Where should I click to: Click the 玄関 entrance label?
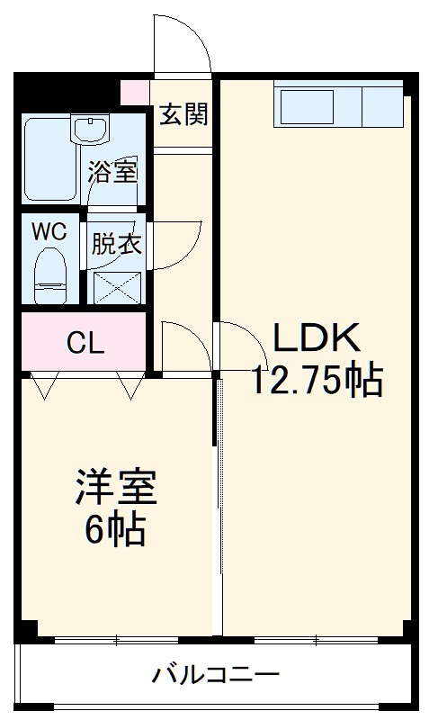click(x=184, y=114)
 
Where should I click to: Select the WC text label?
click(x=50, y=230)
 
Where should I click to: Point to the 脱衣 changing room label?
click(x=113, y=244)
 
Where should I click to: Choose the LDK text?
click(x=317, y=340)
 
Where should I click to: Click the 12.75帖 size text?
click(x=317, y=382)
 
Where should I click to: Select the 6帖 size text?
click(x=115, y=531)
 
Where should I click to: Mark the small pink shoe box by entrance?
click(x=135, y=92)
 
